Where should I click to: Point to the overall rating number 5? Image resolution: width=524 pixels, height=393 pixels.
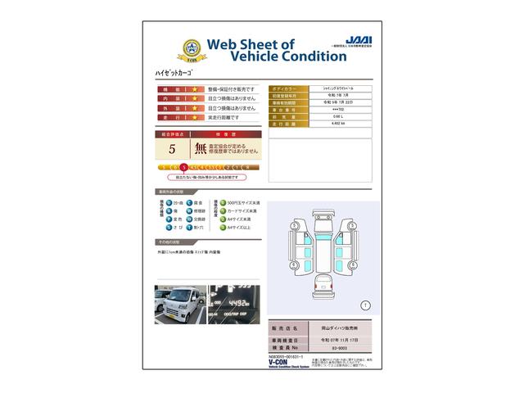point(172,149)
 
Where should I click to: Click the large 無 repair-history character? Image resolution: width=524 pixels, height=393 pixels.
point(201,149)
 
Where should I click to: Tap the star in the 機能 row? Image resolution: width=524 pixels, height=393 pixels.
point(195,88)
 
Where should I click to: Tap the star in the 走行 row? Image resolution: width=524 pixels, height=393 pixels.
point(195,118)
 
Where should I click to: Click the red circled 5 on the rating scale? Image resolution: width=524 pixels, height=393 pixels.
point(183,166)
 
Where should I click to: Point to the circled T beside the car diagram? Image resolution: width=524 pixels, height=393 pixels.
point(364,305)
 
